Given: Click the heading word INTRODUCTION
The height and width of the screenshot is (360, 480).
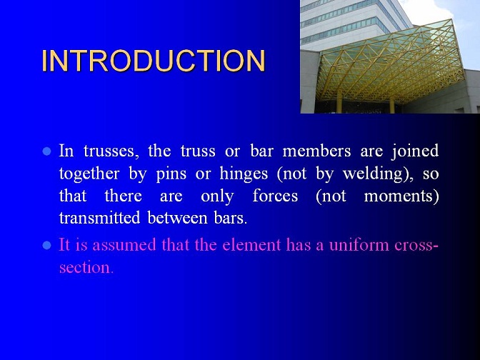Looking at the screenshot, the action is click(x=154, y=61).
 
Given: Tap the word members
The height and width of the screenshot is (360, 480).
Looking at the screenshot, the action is click(x=316, y=151).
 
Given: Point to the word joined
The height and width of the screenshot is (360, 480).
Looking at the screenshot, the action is click(x=416, y=151).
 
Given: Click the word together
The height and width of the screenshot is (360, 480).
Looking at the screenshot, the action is click(x=89, y=174).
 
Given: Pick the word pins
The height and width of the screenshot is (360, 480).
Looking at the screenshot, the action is click(x=171, y=174).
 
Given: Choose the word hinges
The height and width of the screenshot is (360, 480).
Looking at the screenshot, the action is click(x=244, y=174).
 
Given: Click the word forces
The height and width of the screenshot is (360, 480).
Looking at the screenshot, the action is click(x=275, y=196).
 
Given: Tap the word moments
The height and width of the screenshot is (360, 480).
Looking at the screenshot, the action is click(x=401, y=196).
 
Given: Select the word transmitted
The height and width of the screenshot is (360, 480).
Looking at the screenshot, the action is click(x=99, y=218).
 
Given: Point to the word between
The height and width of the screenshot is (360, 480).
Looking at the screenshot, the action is click(x=178, y=218).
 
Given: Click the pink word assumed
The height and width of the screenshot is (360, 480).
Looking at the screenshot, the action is click(x=124, y=245).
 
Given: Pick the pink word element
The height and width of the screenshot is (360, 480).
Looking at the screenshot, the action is click(x=251, y=245).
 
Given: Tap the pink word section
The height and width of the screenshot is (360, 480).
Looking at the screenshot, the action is click(x=86, y=268).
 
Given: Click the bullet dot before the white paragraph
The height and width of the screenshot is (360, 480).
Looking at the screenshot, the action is click(x=47, y=151).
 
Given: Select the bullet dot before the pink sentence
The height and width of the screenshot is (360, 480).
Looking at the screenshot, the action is click(x=47, y=245).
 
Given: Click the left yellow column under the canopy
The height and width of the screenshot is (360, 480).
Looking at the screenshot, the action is click(x=339, y=104).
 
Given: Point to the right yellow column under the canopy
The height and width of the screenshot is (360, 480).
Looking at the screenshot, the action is click(x=392, y=106).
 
